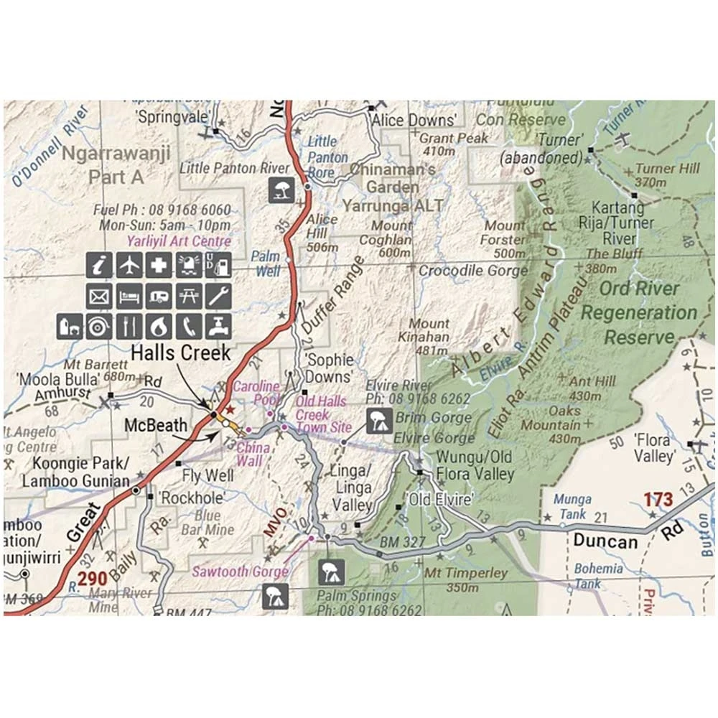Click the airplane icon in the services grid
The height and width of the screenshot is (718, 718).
(129, 265)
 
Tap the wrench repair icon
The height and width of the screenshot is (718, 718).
(218, 296)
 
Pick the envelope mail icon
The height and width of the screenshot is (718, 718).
(99, 296)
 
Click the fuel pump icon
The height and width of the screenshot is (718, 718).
(218, 265)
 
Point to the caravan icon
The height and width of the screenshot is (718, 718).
(159, 296)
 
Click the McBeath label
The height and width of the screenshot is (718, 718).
(156, 424)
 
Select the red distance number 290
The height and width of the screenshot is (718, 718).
(93, 579)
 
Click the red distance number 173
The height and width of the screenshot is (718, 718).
(658, 499)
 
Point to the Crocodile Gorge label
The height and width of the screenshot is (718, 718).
(473, 271)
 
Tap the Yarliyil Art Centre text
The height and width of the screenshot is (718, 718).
(179, 241)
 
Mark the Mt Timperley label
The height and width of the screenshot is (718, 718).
(466, 574)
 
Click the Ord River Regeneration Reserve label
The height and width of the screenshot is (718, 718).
(639, 312)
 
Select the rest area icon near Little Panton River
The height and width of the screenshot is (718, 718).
(281, 190)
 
